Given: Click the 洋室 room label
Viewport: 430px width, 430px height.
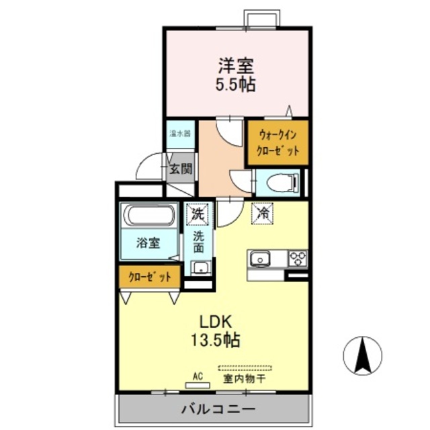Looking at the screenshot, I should click(x=236, y=67).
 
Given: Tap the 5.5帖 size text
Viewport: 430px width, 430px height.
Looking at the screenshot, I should click(x=235, y=85).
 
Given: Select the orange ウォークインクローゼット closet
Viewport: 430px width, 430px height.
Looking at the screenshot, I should click(x=277, y=142).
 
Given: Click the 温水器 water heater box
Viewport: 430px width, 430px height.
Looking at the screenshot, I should click(x=180, y=133).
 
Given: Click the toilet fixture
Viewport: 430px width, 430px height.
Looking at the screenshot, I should click(x=282, y=182).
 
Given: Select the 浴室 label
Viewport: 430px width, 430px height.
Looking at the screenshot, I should click(x=148, y=243).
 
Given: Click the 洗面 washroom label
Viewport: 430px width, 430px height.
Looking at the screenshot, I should click(x=200, y=241).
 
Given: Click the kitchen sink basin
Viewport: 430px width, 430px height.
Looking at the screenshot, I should click(x=260, y=259).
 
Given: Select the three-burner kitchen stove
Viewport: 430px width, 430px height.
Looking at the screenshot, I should click(x=297, y=258).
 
